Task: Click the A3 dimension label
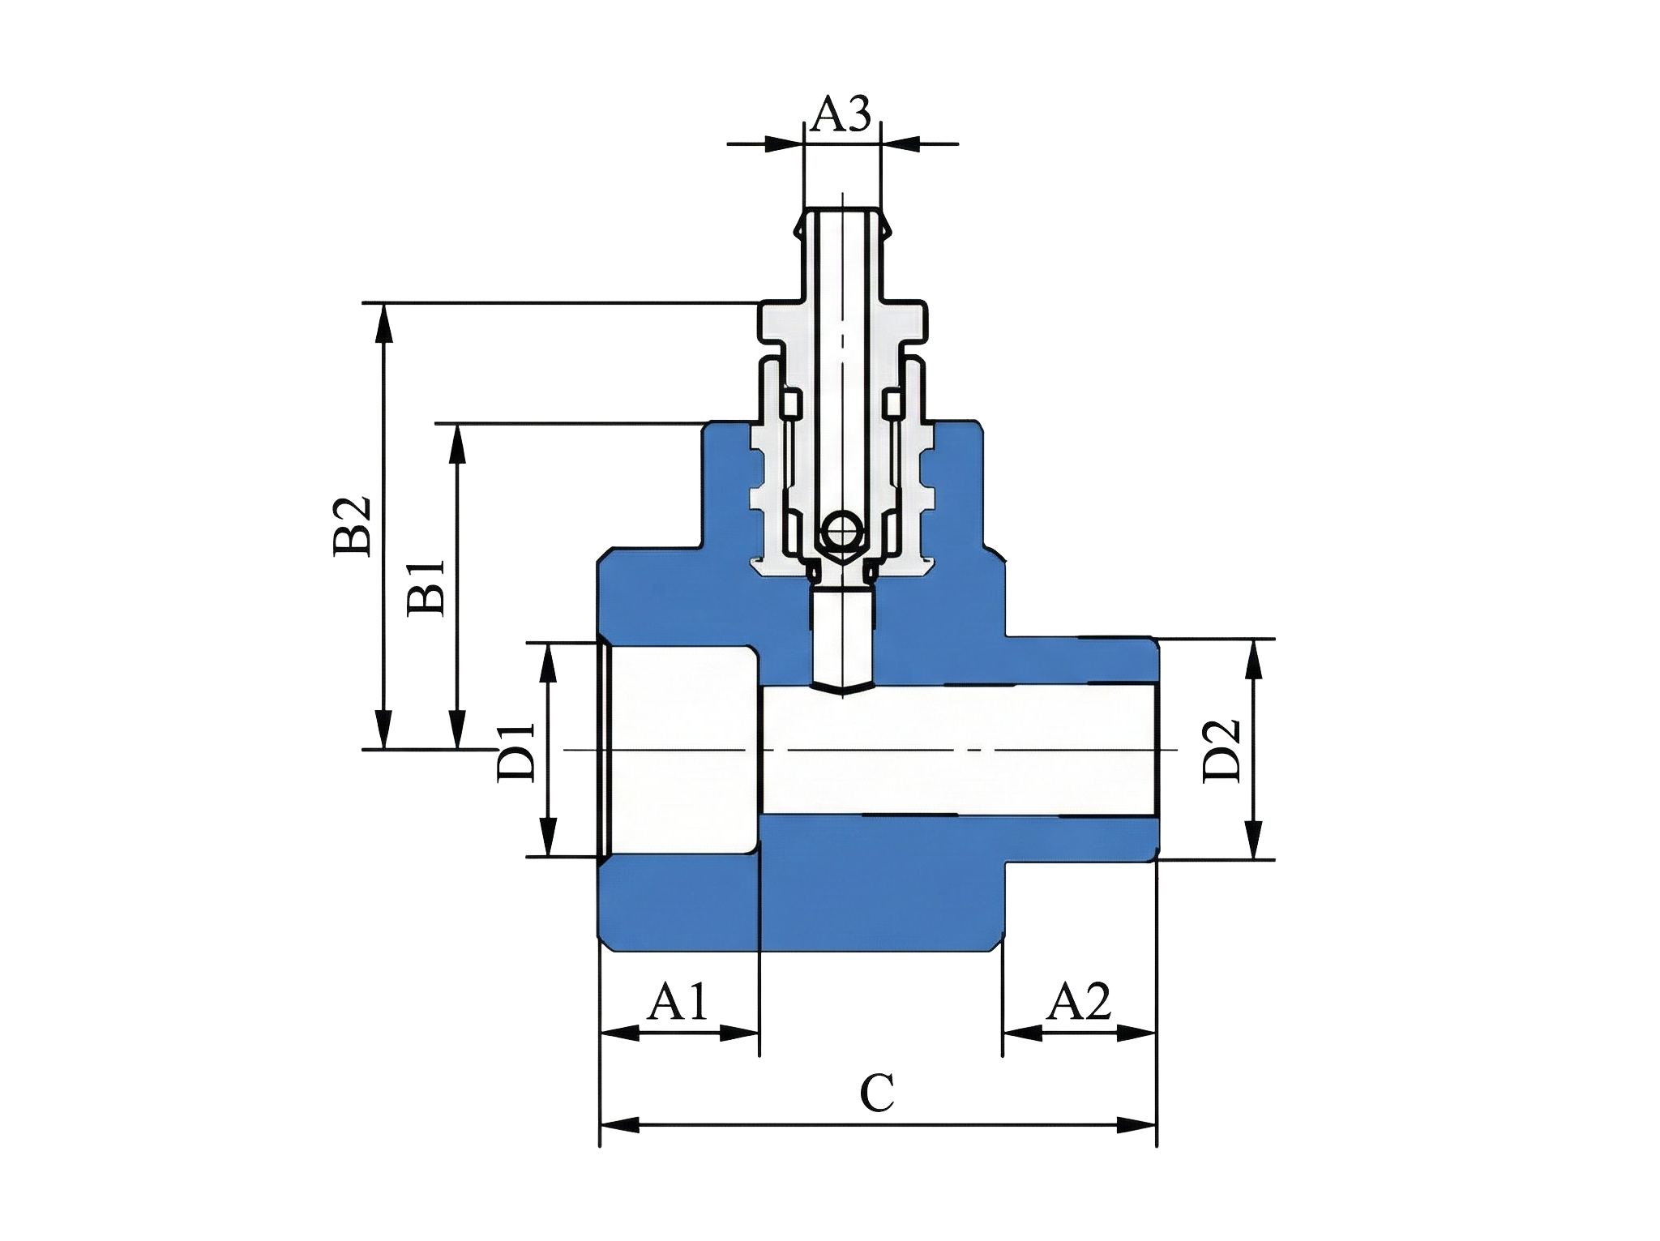pyautogui.click(x=841, y=114)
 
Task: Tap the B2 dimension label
pyautogui.click(x=352, y=526)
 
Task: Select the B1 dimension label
pyautogui.click(x=426, y=587)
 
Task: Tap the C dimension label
pyautogui.click(x=877, y=1093)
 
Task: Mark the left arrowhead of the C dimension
pyautogui.click(x=618, y=1125)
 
